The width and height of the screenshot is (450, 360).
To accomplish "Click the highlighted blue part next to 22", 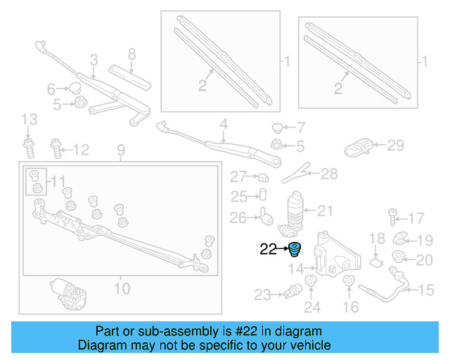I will click(x=294, y=249).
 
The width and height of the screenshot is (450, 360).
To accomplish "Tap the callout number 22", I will click(x=269, y=248).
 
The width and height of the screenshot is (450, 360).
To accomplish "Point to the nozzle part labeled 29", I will click(x=359, y=148).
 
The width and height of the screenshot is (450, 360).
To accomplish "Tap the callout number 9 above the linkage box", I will click(x=120, y=150).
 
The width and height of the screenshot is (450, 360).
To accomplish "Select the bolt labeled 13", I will click(x=28, y=148).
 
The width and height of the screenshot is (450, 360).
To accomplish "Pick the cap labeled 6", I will click(x=74, y=88).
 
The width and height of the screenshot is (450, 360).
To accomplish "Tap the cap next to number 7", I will click(x=278, y=128).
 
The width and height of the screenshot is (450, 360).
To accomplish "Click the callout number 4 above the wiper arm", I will click(x=224, y=127).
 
